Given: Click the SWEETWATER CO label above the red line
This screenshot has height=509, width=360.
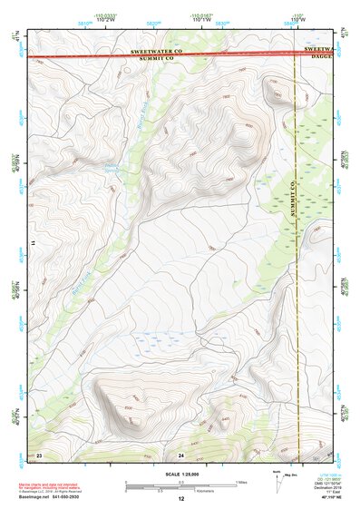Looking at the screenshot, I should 157,52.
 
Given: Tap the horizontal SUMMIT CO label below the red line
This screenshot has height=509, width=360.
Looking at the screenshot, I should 157,62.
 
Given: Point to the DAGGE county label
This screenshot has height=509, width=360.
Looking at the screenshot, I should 319,59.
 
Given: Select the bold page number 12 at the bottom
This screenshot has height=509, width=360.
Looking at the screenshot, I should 180,499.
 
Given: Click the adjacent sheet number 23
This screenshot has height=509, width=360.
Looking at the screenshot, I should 39,453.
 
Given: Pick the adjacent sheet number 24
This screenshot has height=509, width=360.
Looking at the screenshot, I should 181,453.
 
